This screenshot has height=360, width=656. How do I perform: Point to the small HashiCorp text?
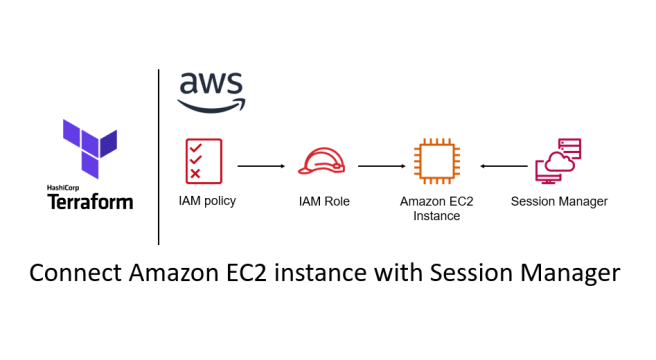pyautogui.click(x=66, y=187)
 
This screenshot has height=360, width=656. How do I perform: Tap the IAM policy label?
pyautogui.click(x=207, y=201)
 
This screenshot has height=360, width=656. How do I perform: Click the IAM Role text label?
pyautogui.click(x=322, y=202)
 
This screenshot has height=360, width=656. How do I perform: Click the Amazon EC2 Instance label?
pyautogui.click(x=436, y=208)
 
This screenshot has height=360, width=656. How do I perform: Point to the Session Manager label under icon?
pyautogui.click(x=558, y=202)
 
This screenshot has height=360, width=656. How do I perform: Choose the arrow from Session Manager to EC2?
pyautogui.click(x=502, y=165)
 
